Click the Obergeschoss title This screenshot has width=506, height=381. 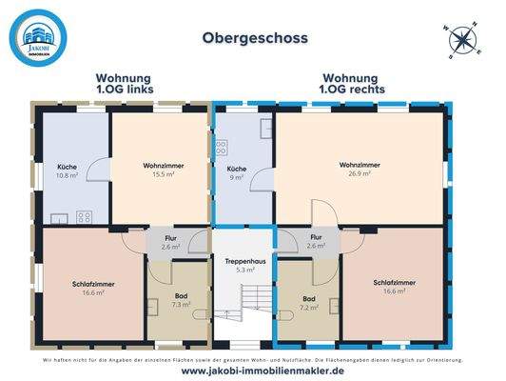(253, 39)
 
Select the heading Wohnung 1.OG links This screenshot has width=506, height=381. (125, 85)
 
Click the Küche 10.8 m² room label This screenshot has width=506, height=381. (67, 171)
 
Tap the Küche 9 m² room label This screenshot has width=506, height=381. (236, 171)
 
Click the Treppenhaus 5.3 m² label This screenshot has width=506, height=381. (243, 265)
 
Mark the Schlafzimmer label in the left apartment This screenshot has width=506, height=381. (90, 288)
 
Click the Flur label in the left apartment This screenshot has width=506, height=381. (171, 242)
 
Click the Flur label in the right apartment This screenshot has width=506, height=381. (316, 242)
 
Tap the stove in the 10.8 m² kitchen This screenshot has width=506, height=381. (85, 216)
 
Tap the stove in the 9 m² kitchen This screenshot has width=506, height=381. (222, 148)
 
